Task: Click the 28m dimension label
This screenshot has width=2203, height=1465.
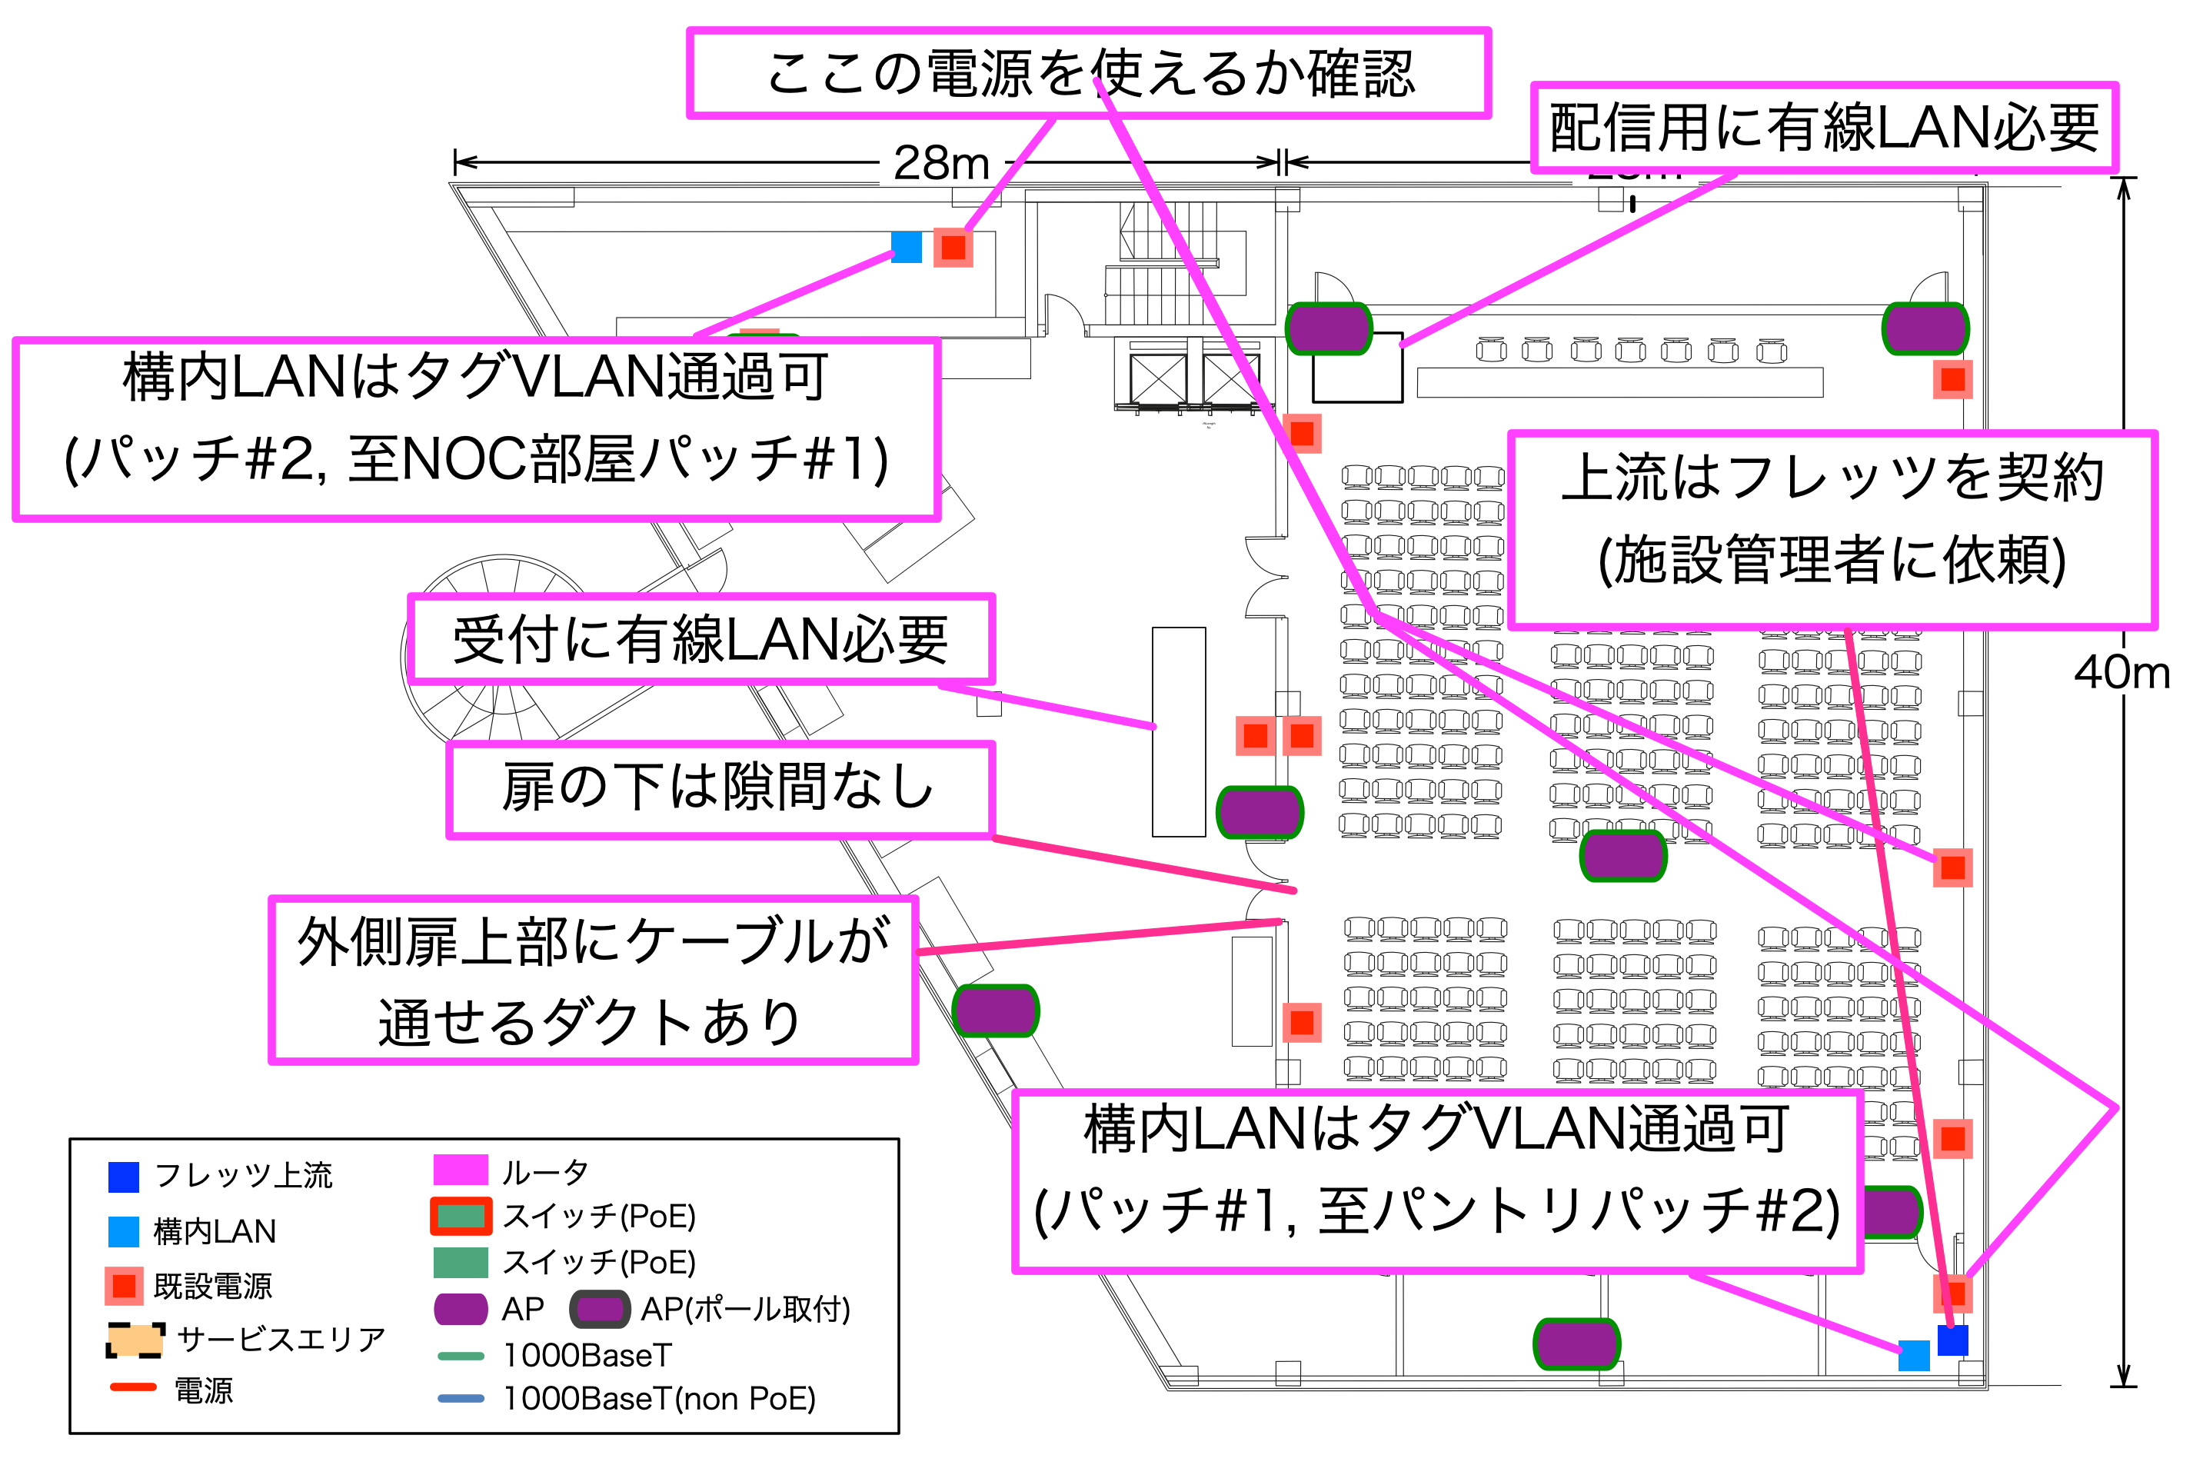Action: point(941,164)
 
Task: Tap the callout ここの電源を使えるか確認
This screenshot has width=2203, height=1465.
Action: point(1087,73)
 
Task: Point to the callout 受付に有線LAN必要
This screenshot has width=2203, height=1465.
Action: point(701,640)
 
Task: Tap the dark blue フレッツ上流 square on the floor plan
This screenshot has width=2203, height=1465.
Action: point(1952,1340)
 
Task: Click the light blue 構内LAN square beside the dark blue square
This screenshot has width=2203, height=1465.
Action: point(1913,1355)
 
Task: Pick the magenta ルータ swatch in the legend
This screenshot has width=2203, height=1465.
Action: point(460,1170)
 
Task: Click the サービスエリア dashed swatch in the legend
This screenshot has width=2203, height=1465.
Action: point(135,1340)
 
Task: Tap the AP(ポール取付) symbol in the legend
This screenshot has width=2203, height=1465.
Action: point(599,1309)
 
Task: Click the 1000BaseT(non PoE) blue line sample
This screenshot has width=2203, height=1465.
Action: point(461,1399)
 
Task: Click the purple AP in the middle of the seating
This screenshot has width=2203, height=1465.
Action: point(1622,856)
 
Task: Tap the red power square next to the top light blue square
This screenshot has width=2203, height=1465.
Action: point(953,248)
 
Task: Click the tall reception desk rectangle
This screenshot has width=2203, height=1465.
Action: point(1178,731)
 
